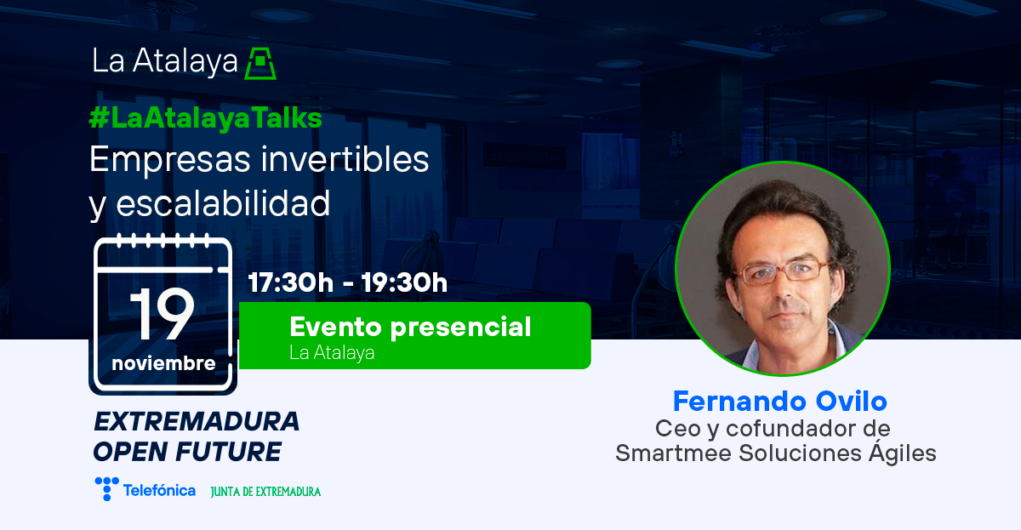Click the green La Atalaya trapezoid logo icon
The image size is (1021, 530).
(260, 63)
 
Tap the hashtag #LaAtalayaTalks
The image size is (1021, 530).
(206, 118)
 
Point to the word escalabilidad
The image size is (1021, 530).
(223, 202)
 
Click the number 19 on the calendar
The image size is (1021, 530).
(163, 314)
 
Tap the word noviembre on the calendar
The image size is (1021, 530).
(163, 363)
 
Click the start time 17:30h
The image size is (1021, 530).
(291, 282)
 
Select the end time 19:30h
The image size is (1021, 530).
(404, 282)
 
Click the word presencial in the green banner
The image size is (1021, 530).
(461, 328)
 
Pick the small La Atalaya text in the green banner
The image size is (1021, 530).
(332, 353)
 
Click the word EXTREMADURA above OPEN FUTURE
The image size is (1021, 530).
(197, 421)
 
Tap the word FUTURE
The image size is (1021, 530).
(228, 452)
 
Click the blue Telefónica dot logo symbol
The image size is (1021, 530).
(106, 488)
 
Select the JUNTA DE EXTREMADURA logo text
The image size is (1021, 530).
(265, 492)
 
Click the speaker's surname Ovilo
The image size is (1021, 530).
(851, 401)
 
